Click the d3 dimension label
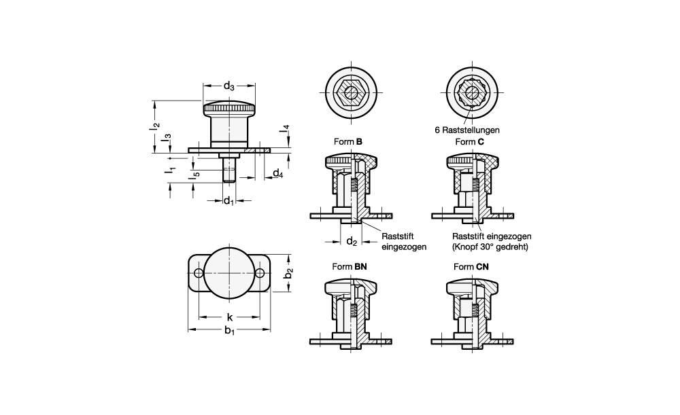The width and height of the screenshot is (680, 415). click(229, 86)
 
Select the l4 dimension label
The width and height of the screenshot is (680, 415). click(284, 128)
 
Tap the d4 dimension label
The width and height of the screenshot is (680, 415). click(277, 174)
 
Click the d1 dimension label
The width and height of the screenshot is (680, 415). click(228, 200)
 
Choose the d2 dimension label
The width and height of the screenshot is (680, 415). click(352, 242)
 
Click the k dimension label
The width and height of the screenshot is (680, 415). click(229, 317)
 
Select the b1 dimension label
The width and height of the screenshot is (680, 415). click(229, 331)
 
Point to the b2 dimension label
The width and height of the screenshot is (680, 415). click(289, 273)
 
